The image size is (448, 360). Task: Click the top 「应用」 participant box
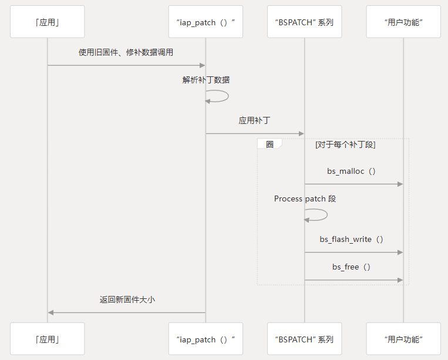(48, 22)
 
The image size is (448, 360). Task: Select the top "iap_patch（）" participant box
(206, 22)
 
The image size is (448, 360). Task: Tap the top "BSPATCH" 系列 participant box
(304, 22)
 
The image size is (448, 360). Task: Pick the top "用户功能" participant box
(403, 22)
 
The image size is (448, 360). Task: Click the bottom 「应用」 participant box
(48, 339)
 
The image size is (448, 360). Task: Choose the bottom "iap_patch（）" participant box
(206, 339)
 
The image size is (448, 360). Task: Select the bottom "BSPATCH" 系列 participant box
(304, 339)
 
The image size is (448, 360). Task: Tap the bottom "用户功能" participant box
(403, 339)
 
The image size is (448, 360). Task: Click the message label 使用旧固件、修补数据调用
(126, 52)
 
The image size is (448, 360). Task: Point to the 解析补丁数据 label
(206, 80)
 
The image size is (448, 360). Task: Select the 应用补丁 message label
(254, 120)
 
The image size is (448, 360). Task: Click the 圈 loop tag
(270, 144)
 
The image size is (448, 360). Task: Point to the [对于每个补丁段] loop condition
(345, 144)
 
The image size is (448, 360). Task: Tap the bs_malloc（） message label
(351, 171)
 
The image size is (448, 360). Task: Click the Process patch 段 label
(305, 198)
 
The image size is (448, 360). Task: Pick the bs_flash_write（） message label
(351, 240)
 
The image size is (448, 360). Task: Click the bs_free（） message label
(351, 267)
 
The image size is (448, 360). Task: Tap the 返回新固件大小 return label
(127, 300)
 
